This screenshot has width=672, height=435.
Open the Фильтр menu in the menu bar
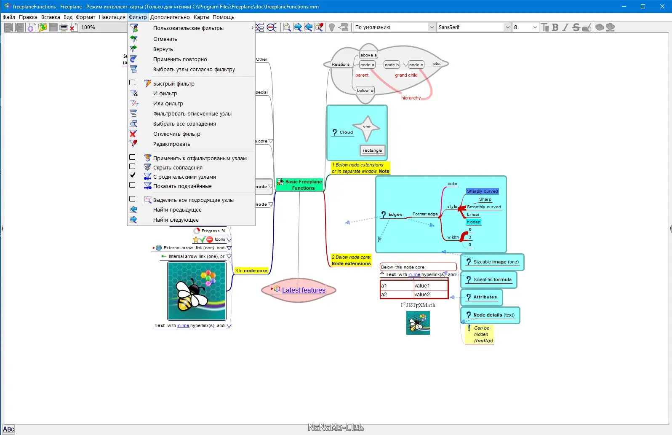coord(138,17)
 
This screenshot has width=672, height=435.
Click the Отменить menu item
coord(165,39)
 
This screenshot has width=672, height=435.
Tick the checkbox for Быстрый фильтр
coord(132,83)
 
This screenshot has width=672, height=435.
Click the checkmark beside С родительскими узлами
coord(132,175)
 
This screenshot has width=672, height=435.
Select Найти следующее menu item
coord(176,220)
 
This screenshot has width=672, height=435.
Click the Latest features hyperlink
coord(304,290)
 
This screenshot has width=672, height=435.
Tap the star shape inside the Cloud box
coord(367,127)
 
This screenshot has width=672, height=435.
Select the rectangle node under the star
coord(372,150)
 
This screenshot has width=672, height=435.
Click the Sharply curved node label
coord(482,191)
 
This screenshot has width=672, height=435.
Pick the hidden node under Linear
coord(473,222)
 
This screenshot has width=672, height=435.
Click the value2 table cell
coord(430,295)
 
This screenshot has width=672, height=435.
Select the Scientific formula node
coord(492,279)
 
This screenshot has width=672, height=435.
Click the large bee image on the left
coord(197,291)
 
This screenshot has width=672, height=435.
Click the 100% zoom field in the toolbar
coord(101,27)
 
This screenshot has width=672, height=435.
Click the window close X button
coord(662,6)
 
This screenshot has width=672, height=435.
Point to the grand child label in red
coord(406,75)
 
